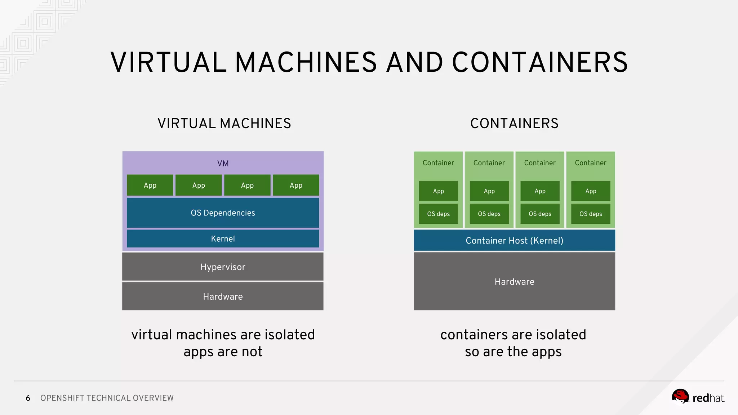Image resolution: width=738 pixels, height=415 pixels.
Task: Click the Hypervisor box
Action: click(223, 267)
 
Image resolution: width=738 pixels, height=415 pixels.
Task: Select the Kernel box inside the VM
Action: click(223, 238)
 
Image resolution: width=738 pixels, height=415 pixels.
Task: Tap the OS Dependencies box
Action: click(223, 213)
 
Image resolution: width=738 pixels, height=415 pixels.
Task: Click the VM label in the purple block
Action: click(223, 163)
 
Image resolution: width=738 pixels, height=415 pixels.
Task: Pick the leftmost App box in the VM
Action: click(150, 185)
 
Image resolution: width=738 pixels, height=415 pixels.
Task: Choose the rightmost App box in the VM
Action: click(296, 185)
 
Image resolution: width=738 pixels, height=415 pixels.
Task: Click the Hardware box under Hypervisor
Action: click(223, 296)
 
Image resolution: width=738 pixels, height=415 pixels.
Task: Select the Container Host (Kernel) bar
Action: click(514, 240)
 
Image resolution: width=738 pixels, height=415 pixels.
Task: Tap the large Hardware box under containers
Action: click(514, 281)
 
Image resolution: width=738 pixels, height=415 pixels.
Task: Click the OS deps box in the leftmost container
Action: click(438, 214)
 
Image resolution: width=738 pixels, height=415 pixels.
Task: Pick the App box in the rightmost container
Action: click(591, 191)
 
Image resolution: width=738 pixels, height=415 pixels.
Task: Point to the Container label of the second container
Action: click(489, 163)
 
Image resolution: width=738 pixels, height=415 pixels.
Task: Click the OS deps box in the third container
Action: click(540, 214)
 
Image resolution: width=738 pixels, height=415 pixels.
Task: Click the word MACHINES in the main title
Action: click(306, 62)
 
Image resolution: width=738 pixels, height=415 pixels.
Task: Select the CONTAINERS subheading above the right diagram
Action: click(514, 123)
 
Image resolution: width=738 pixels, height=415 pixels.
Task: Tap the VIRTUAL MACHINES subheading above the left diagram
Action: click(224, 123)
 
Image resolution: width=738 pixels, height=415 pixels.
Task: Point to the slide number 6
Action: click(28, 398)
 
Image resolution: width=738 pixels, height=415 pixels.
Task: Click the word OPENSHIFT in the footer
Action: click(62, 398)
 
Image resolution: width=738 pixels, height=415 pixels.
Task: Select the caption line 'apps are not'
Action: click(223, 351)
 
